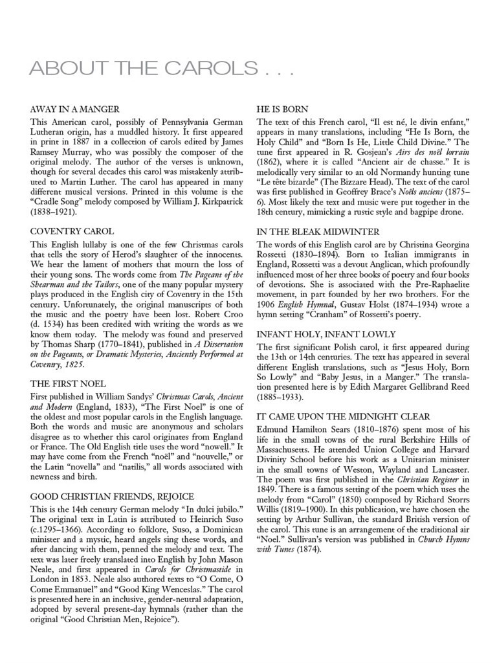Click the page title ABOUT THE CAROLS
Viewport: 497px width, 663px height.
pyautogui.click(x=162, y=68)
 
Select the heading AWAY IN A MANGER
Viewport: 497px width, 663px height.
pyautogui.click(x=74, y=109)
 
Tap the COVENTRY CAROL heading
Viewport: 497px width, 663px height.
pyautogui.click(x=72, y=231)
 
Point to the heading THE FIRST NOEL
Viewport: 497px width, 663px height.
pyautogui.click(x=68, y=383)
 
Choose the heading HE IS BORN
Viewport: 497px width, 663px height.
pyautogui.click(x=282, y=109)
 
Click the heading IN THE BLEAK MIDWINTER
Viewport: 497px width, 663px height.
pyautogui.click(x=318, y=232)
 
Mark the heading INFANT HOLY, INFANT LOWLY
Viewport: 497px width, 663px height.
pyautogui.click(x=326, y=334)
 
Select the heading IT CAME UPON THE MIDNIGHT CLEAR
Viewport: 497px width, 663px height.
pyautogui.click(x=343, y=416)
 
